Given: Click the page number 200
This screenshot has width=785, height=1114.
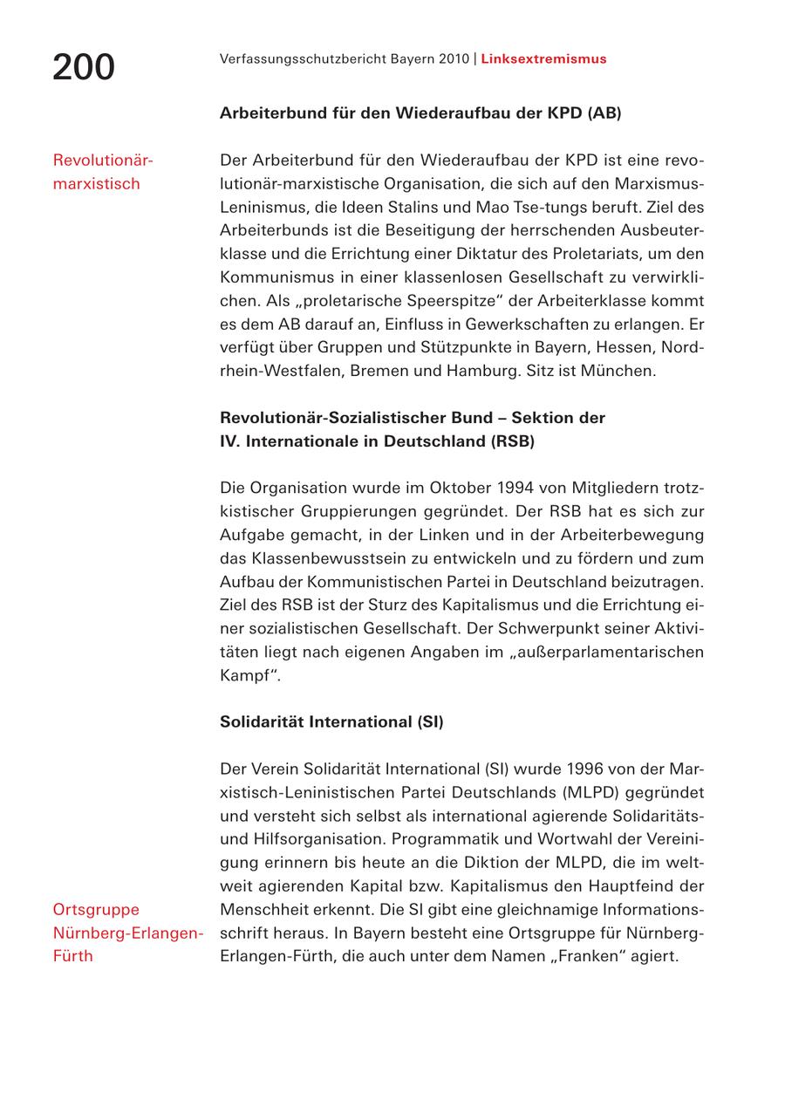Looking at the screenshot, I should point(84,67).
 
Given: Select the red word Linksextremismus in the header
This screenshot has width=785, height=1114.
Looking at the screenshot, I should point(543,59).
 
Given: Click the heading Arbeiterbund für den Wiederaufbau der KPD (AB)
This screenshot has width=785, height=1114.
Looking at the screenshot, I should point(420,113).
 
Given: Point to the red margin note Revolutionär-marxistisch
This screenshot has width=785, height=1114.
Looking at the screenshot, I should point(102,172).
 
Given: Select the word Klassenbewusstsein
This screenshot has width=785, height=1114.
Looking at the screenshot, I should point(328,558).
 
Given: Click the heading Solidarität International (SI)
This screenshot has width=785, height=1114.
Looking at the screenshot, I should point(331,722).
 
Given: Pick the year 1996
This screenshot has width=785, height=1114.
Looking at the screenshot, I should point(585,769).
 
